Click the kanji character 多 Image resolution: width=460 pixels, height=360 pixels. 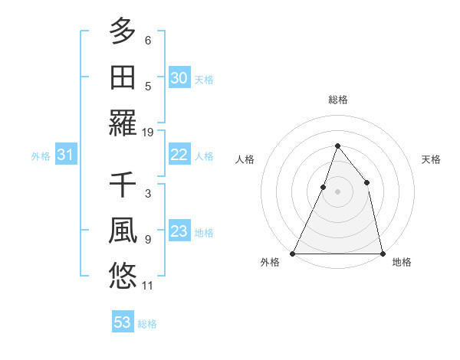coord(123,31)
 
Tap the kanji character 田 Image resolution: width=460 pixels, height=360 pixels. coord(123,77)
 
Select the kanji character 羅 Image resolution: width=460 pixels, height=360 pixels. coord(123,123)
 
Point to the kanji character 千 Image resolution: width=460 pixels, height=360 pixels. coord(123,185)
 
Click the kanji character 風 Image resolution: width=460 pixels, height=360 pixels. coord(123,231)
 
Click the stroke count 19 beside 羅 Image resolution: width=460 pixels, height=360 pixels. coord(149,132)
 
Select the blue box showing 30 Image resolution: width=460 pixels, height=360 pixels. coord(179,78)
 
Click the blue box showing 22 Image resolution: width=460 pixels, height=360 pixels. coord(179,155)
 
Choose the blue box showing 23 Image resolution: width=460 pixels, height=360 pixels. coord(179,231)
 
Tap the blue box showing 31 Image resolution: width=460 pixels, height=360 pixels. coord(65,155)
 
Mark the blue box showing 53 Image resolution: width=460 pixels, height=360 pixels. coord(123,322)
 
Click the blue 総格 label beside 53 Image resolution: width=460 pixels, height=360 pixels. coord(147,324)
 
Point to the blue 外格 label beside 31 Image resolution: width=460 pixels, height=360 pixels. coord(41,156)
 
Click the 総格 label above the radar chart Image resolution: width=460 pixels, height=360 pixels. coord(337,100)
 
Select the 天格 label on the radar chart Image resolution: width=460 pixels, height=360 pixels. coord(432,159)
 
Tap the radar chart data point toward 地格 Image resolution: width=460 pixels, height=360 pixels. coord(382,253)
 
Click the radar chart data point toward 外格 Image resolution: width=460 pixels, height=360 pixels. coord(293,253)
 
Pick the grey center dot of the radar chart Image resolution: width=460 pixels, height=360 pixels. coord(337,191)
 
